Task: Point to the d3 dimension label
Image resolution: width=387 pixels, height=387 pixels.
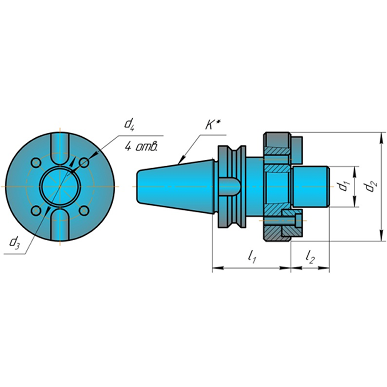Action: point(14,242)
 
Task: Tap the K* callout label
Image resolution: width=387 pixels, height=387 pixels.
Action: point(213,125)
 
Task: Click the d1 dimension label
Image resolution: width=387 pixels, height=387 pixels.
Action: point(343,186)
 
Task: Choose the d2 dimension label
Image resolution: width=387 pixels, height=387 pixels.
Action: point(371,187)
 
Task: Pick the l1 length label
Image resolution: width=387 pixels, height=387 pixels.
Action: point(252,257)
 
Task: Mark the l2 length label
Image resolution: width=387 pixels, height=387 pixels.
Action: point(310,257)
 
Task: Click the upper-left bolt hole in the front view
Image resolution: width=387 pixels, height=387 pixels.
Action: point(36,163)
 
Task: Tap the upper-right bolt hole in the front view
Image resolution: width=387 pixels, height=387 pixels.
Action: point(84,163)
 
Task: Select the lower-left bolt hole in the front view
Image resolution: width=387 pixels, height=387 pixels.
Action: point(36,211)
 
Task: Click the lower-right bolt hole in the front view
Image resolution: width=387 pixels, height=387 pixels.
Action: point(84,211)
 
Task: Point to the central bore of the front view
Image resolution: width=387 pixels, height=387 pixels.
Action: point(60,187)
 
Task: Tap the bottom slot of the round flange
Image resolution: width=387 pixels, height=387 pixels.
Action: point(60,224)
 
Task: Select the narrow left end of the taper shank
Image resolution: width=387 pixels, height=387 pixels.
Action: point(138,187)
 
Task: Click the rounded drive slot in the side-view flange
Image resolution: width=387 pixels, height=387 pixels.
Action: point(229,187)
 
